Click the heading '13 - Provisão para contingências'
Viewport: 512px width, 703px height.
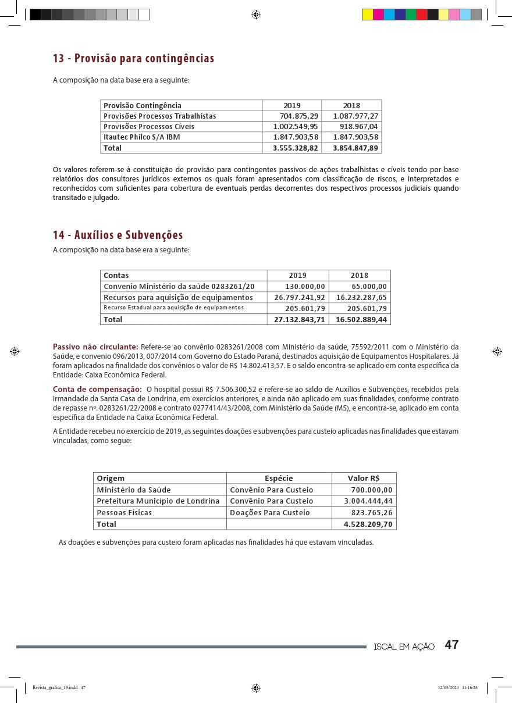pyautogui.click(x=133, y=59)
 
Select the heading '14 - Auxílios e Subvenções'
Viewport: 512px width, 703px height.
pyautogui.click(x=118, y=235)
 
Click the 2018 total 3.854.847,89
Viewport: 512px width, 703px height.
pyautogui.click(x=355, y=148)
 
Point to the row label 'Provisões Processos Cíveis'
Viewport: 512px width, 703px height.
pyautogui.click(x=149, y=127)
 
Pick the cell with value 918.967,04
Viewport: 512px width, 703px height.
pyautogui.click(x=358, y=127)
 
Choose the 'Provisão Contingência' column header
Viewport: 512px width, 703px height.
pyautogui.click(x=143, y=106)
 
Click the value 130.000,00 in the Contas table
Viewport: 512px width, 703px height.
pyautogui.click(x=305, y=286)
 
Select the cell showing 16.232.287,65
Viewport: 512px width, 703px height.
pyautogui.click(x=361, y=297)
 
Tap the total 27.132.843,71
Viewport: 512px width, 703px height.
pyautogui.click(x=300, y=319)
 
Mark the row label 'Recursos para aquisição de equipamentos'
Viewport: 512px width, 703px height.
pyautogui.click(x=178, y=297)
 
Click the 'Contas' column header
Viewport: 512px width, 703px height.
pyautogui.click(x=116, y=275)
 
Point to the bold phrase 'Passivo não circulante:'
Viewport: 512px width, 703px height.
pyautogui.click(x=95, y=348)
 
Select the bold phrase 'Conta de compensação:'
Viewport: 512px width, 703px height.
pyautogui.click(x=97, y=388)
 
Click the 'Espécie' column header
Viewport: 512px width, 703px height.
pyautogui.click(x=279, y=478)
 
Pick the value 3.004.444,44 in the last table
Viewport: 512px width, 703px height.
pyautogui.click(x=368, y=501)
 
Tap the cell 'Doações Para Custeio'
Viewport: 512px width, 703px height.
pyautogui.click(x=270, y=512)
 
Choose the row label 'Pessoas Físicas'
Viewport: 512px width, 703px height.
pyautogui.click(x=124, y=512)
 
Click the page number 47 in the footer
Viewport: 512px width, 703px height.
pyautogui.click(x=452, y=645)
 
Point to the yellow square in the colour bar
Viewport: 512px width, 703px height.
pyautogui.click(x=367, y=15)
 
